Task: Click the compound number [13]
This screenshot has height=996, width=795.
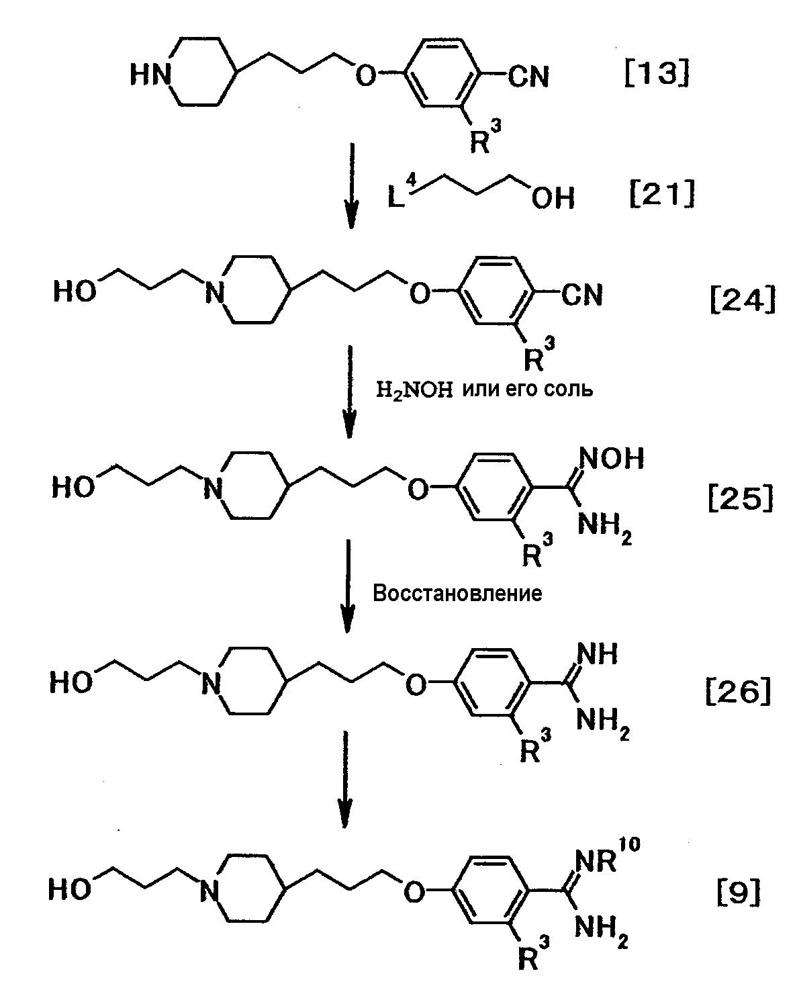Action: tap(656, 75)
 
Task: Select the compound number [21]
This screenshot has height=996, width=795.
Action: tap(661, 195)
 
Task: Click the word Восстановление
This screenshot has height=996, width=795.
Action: tap(457, 594)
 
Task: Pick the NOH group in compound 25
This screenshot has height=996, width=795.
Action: tap(610, 459)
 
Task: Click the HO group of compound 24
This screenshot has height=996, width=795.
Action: tap(75, 293)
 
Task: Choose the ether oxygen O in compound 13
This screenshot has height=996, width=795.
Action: tap(366, 75)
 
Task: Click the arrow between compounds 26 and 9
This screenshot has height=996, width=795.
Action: tap(346, 779)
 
